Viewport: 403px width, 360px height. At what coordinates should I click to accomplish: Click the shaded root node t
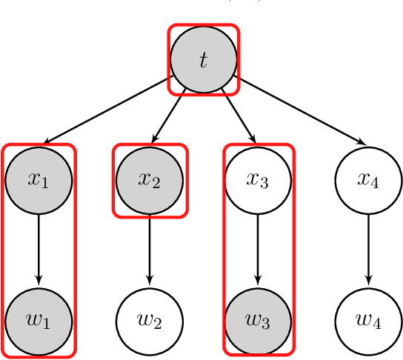click(x=204, y=60)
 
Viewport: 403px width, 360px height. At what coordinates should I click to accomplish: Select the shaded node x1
click(x=39, y=179)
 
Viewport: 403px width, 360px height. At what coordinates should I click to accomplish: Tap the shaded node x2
click(x=150, y=179)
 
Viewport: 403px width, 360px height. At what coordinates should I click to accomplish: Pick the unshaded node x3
click(x=258, y=179)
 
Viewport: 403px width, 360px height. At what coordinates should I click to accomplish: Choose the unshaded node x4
click(x=368, y=179)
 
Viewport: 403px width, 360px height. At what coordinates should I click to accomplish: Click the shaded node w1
click(x=39, y=321)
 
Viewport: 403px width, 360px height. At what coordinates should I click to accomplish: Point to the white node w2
click(x=150, y=321)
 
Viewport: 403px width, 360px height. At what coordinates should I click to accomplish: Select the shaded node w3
click(x=258, y=321)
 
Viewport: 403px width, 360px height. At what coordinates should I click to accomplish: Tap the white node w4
click(x=368, y=321)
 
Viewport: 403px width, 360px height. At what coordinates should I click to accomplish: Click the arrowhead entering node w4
click(x=368, y=281)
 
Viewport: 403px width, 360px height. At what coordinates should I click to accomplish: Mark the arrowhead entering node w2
click(x=150, y=281)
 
